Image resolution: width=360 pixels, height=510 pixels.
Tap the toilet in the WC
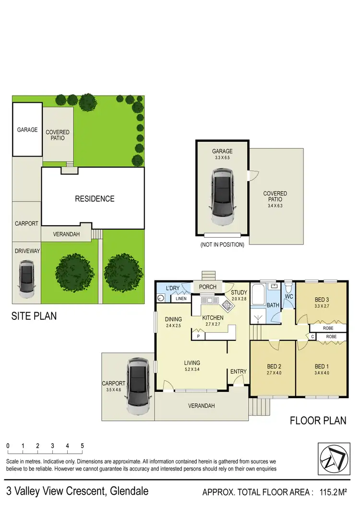288,289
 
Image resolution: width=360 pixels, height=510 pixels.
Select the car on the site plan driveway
26,279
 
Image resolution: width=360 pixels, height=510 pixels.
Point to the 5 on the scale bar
82,446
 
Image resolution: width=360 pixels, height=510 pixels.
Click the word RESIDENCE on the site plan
95,198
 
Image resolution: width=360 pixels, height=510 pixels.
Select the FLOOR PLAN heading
318,421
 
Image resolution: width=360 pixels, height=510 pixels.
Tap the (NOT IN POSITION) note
222,244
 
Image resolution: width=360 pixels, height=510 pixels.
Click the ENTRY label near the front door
238,372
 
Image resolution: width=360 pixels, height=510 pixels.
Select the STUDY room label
239,292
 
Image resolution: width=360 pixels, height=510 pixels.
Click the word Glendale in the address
129,491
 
